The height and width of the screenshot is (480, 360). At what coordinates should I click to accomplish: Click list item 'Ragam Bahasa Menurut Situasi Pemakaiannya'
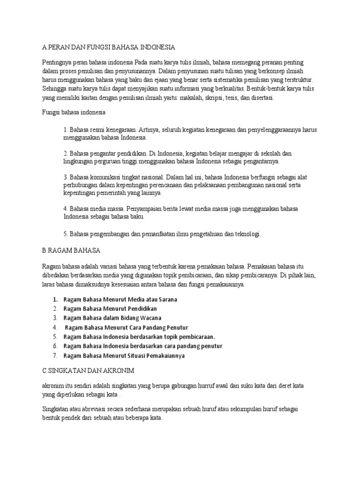click(124, 355)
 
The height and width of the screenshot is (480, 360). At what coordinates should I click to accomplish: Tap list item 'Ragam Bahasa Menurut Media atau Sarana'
click(120, 299)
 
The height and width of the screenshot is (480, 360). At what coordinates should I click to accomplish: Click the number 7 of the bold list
click(55, 355)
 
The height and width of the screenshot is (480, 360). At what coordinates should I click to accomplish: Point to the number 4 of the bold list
click(55, 327)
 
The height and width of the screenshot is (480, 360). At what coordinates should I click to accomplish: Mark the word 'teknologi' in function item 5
click(245, 233)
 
